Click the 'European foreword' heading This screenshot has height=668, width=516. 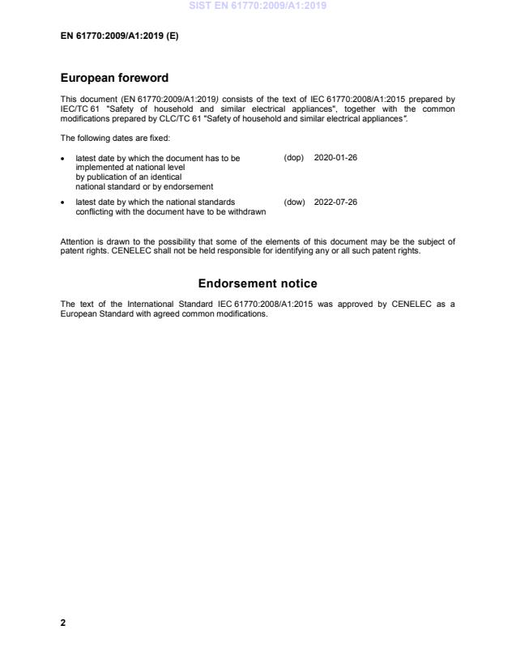point(114,79)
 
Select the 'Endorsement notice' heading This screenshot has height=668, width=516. point(258,283)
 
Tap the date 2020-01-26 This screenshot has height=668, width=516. point(335,157)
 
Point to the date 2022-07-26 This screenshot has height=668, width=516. point(335,202)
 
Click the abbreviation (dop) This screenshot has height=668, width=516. point(293,157)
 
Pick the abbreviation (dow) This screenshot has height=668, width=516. point(294,202)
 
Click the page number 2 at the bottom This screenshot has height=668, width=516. point(63,623)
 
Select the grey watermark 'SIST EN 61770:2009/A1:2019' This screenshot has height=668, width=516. point(258,6)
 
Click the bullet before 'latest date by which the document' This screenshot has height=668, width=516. point(64,158)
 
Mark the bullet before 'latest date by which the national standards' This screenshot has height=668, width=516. point(64,202)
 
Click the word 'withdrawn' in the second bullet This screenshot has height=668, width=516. point(248,211)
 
